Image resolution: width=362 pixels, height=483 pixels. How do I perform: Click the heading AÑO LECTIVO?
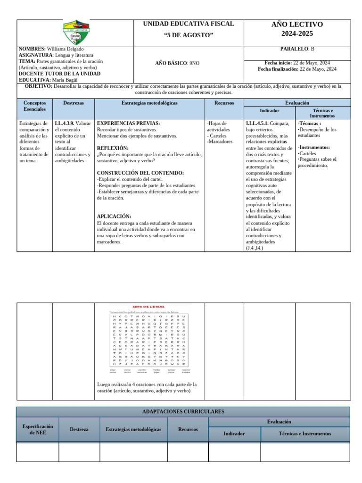[297, 25]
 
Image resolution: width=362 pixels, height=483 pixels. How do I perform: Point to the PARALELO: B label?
[297, 49]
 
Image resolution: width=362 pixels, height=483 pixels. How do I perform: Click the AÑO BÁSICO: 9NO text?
[177, 63]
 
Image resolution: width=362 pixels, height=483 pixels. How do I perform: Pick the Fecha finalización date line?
[297, 69]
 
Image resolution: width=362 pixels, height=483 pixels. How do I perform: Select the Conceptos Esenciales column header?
[34, 106]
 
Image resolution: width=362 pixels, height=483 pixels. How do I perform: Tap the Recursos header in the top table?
[224, 102]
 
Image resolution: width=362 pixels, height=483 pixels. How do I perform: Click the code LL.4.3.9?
[65, 123]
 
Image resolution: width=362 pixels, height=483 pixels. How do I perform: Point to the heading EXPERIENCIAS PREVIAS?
[128, 123]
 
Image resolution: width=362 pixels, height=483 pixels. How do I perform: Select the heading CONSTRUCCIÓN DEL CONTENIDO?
[140, 173]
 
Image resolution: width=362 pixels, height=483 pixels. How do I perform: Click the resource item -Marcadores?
[220, 142]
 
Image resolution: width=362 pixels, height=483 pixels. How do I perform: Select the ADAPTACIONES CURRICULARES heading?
[183, 412]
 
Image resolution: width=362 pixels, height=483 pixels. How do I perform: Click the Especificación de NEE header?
[38, 429]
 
